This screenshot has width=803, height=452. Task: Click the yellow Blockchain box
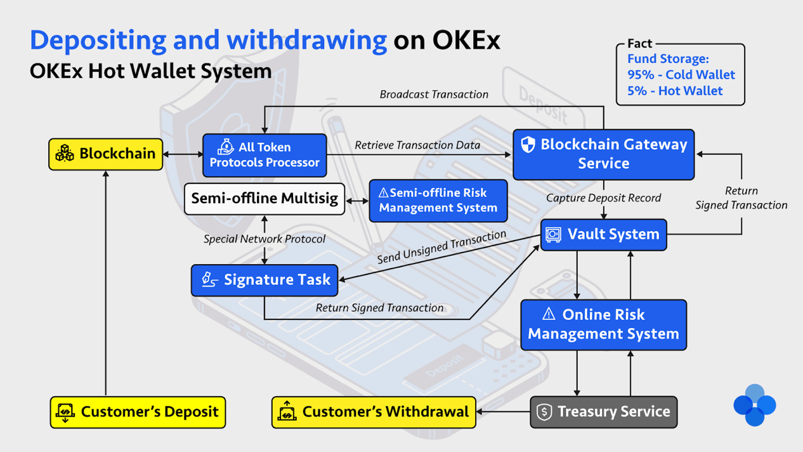(106, 154)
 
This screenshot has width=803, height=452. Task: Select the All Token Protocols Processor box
(264, 155)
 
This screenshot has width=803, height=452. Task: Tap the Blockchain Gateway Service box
(603, 154)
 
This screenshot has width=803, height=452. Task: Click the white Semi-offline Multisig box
(264, 199)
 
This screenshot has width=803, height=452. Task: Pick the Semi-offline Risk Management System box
(438, 201)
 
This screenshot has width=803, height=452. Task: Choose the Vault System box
(603, 235)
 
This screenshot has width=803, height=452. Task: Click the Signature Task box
(264, 280)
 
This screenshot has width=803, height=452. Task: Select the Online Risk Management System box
(603, 324)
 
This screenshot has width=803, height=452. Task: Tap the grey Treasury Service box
(603, 412)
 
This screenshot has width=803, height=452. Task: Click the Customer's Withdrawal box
(374, 412)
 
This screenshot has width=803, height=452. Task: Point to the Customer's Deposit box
(138, 412)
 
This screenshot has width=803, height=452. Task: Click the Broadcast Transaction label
(434, 95)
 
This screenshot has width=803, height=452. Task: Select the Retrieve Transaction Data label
(417, 145)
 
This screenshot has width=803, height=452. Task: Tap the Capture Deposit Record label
(603, 198)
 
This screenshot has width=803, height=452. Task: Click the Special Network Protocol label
(264, 239)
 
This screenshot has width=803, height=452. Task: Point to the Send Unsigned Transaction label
(441, 248)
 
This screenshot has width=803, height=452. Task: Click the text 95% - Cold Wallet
(681, 75)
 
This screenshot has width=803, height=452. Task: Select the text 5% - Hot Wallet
(675, 91)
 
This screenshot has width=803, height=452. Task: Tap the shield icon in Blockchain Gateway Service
(528, 145)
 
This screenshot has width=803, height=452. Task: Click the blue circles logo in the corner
(754, 405)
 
